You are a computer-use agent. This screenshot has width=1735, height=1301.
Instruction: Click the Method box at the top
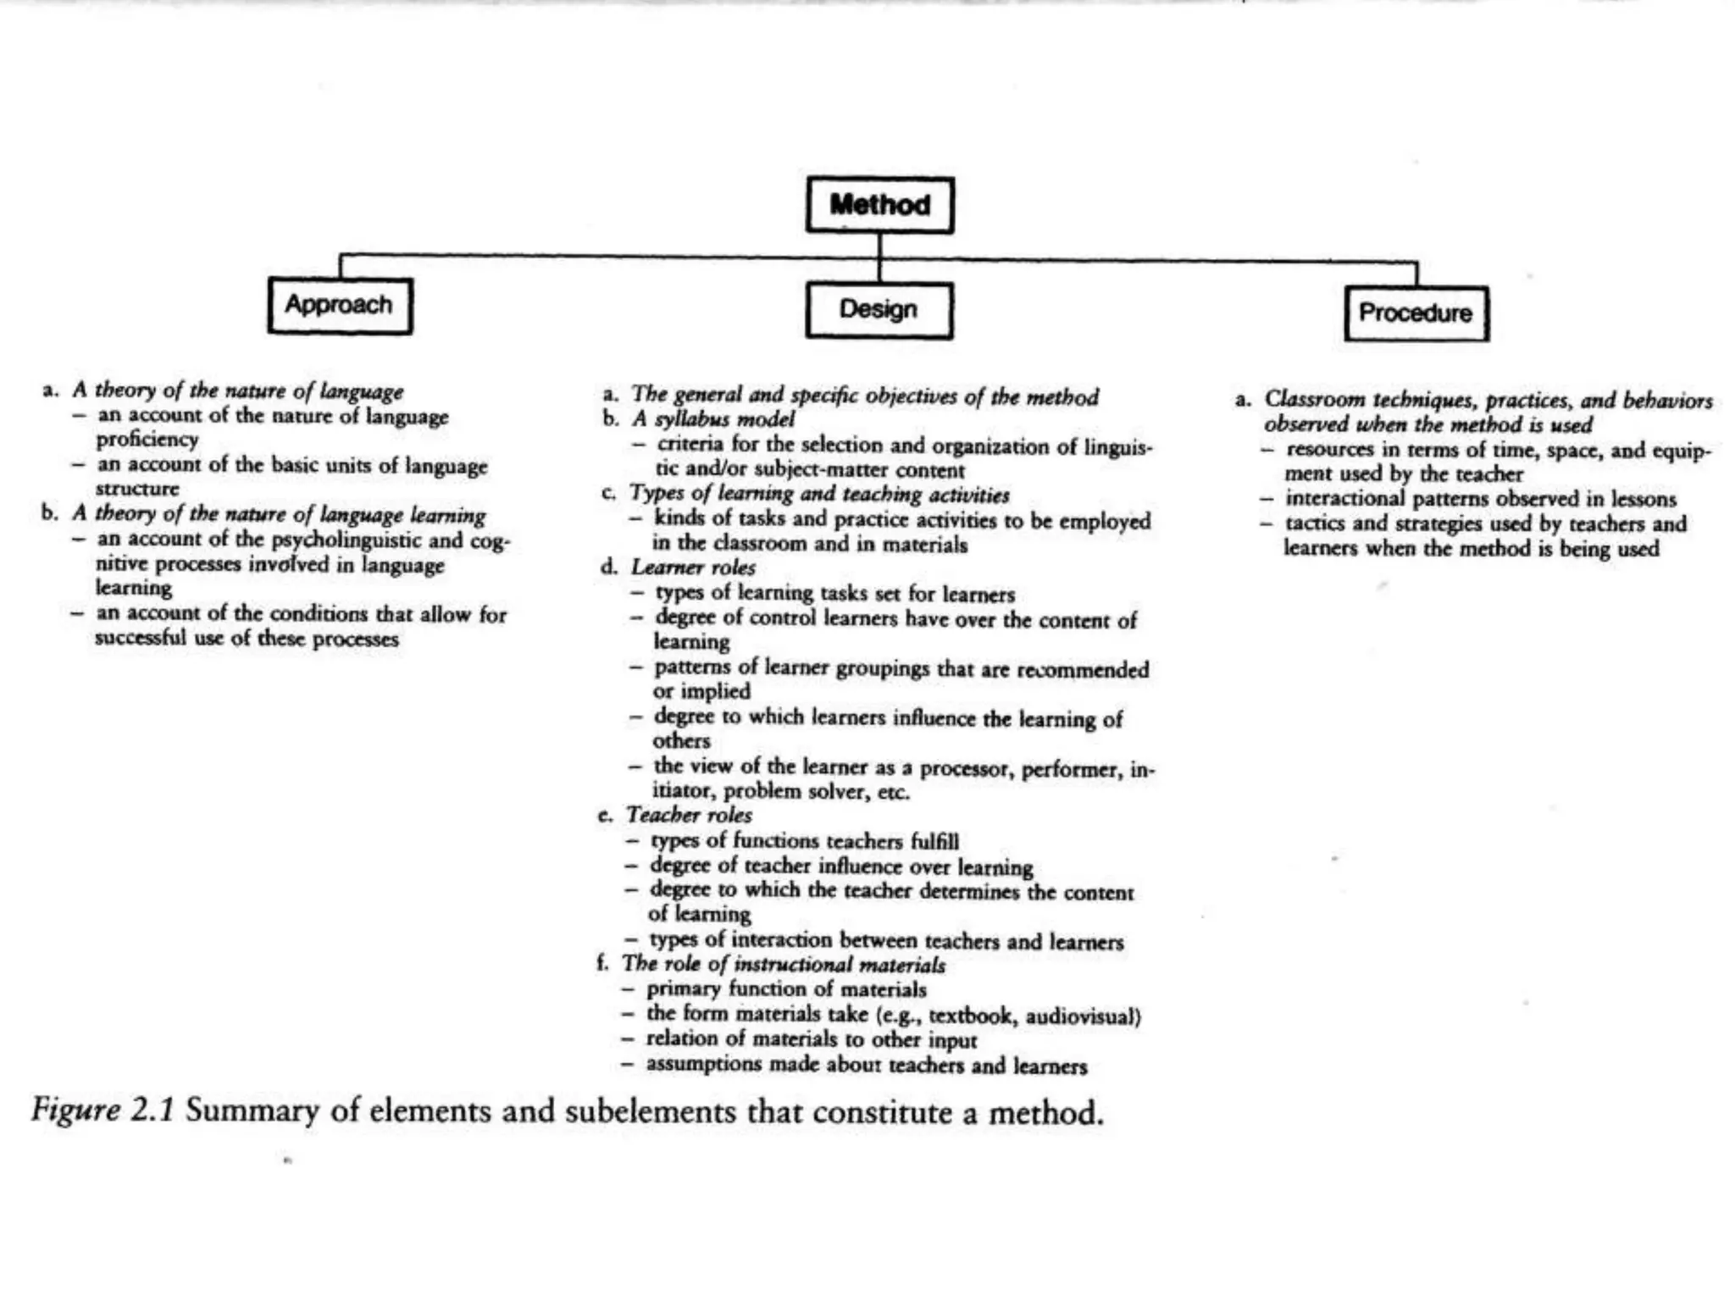[879, 204]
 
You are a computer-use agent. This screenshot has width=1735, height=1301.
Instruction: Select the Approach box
[340, 305]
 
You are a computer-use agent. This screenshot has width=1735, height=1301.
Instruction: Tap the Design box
[879, 310]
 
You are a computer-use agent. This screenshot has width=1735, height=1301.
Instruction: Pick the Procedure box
[1416, 313]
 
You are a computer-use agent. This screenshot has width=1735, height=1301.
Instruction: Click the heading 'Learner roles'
[693, 568]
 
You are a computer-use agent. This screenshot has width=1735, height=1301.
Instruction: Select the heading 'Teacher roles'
[689, 815]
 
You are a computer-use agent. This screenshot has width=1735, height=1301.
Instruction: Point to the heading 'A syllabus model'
[712, 419]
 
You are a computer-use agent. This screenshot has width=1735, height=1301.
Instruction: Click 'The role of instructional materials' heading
[784, 965]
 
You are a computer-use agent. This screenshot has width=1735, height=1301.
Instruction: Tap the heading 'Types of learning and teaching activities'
[819, 494]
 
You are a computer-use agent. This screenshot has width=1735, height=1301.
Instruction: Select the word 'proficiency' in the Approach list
[147, 440]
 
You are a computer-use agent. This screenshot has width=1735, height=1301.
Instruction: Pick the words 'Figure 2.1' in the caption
[103, 1110]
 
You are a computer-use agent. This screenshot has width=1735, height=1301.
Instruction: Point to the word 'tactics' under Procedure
[1316, 524]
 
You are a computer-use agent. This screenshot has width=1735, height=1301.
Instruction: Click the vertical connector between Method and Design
[879, 258]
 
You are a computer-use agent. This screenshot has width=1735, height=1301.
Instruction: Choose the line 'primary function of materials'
[786, 989]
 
